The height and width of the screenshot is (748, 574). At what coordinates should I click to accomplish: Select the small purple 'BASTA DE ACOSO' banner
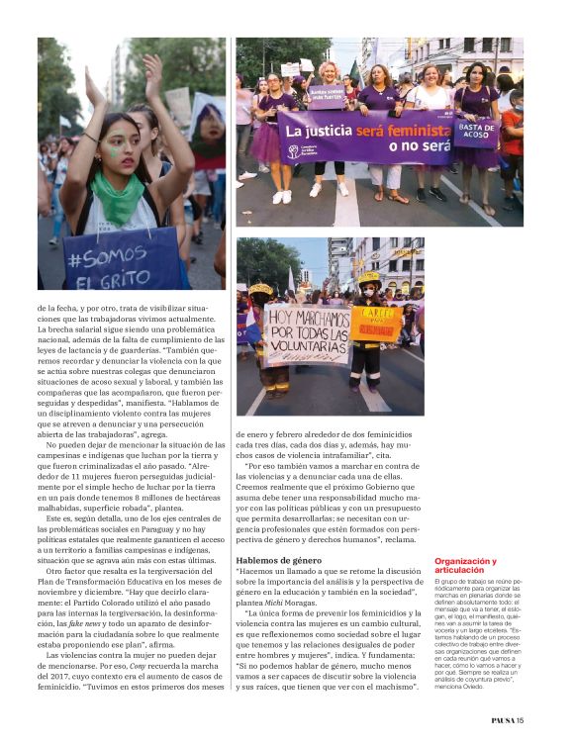tap(476, 133)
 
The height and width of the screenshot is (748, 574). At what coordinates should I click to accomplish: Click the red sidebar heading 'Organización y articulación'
tap(465, 565)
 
